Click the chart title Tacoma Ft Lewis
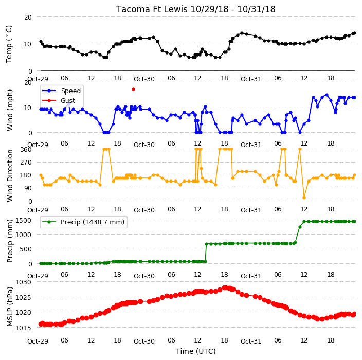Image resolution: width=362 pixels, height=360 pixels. (x=152, y=9)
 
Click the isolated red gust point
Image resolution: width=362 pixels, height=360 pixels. (x=133, y=89)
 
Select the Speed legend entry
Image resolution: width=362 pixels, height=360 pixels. (x=61, y=91)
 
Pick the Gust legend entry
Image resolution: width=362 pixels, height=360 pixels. (x=59, y=100)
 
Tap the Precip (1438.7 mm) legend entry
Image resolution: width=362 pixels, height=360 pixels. (x=83, y=222)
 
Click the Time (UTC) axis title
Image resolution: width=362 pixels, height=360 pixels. (x=196, y=351)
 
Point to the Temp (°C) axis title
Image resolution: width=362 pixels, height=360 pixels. (x=9, y=44)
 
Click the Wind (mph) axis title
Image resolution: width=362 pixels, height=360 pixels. (x=9, y=110)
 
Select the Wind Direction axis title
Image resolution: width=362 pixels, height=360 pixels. (x=9, y=175)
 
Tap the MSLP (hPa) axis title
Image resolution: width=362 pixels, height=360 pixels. (x=9, y=307)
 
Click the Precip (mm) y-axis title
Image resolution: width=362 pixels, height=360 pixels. (x=9, y=241)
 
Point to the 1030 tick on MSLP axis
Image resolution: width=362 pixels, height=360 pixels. (x=23, y=282)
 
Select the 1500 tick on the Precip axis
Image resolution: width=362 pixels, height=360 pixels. (x=23, y=221)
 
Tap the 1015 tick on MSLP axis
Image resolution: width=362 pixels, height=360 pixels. (x=23, y=328)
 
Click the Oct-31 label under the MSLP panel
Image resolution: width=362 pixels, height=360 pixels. (x=251, y=341)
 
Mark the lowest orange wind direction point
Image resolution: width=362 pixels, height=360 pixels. (x=304, y=197)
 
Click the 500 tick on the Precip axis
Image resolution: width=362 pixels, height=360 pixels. (x=26, y=249)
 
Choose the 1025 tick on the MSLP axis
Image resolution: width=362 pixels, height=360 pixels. (x=23, y=297)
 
